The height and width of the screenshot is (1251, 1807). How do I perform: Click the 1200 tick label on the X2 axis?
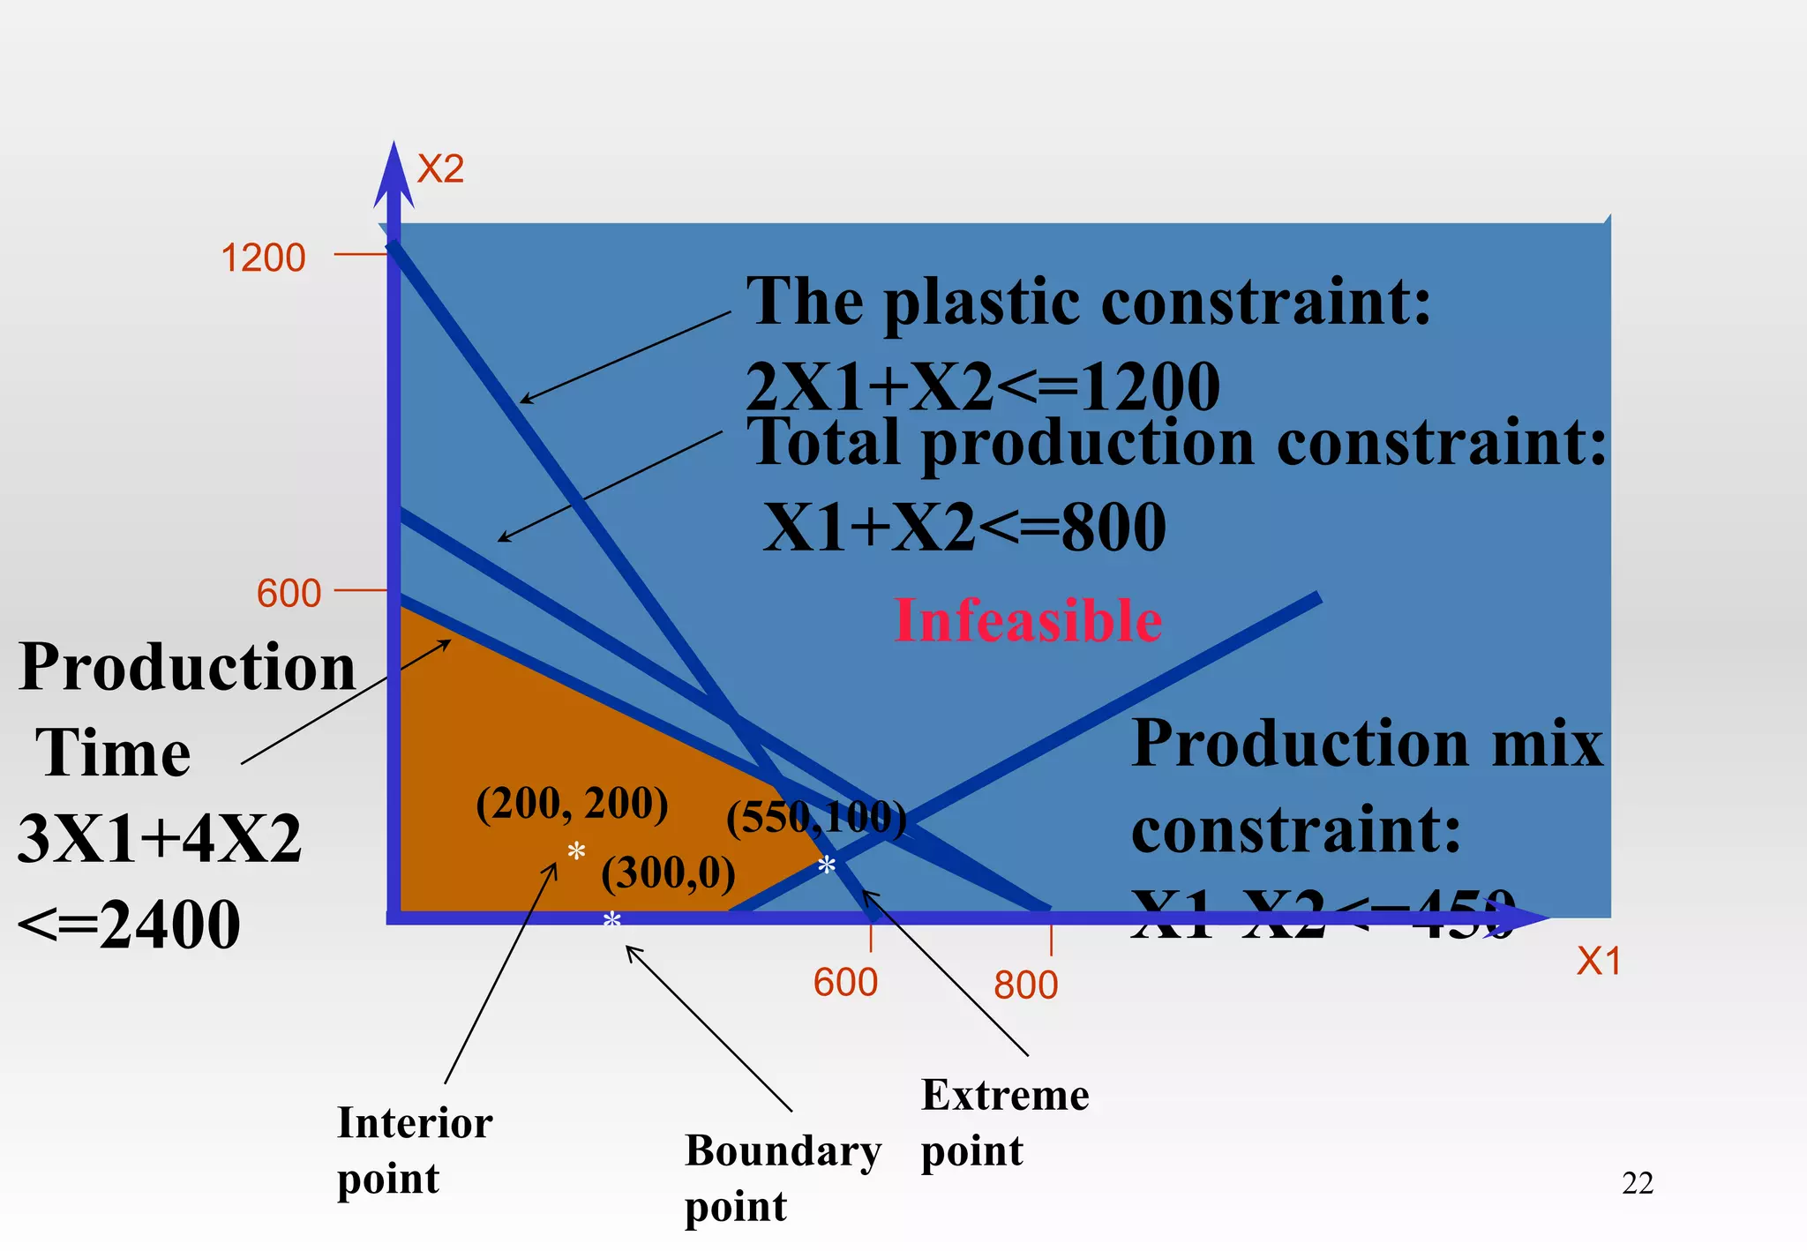coord(263,258)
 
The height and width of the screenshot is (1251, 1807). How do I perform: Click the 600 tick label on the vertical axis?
coord(289,594)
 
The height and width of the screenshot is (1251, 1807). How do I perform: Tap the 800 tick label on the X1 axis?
coord(1025,985)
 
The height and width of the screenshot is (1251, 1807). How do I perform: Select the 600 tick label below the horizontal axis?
coord(845,983)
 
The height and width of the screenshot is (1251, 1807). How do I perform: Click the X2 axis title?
coord(440,169)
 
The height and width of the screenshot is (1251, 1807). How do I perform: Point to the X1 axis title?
coord(1599,962)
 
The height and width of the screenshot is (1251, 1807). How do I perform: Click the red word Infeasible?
coord(1028,621)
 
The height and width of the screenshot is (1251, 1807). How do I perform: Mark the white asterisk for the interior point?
coord(576,852)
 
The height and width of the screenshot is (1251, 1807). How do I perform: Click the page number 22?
coord(1638,1183)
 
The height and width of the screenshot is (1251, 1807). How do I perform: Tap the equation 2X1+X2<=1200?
coord(982,386)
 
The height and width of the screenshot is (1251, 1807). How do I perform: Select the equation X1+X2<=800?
coord(964,527)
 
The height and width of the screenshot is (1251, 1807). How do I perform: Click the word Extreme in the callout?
coord(1005,1096)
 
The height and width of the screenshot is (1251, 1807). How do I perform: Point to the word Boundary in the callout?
coord(783,1151)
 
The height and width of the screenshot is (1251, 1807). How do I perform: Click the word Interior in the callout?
coord(415,1123)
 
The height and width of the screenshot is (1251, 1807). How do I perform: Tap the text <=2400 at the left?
coord(129,925)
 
